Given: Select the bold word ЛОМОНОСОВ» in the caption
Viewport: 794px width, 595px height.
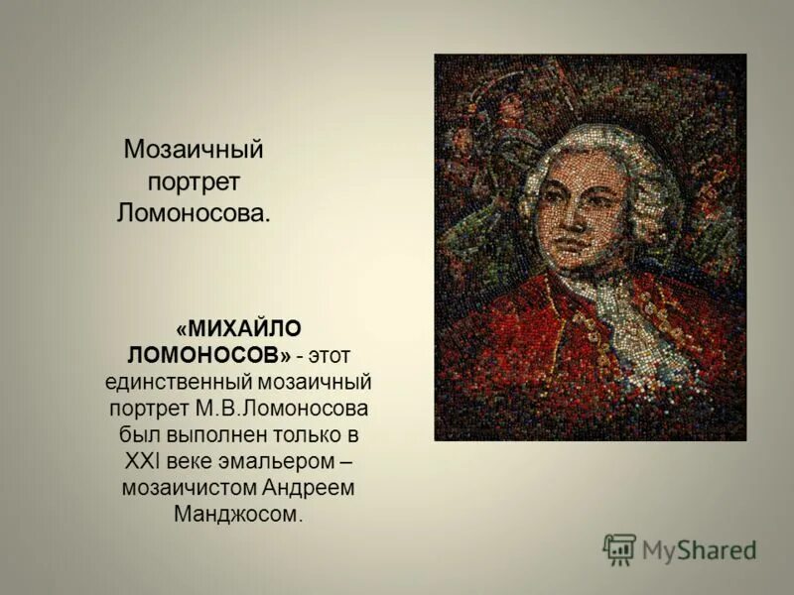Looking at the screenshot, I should (x=209, y=354).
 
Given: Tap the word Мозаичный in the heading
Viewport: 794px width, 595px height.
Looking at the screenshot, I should (x=194, y=151).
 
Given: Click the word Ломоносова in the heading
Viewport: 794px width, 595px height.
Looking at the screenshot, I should (x=194, y=212).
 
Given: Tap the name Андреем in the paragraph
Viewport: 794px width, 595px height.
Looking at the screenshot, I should (x=312, y=488).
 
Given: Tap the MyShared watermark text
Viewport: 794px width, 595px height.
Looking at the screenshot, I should (x=700, y=550).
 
